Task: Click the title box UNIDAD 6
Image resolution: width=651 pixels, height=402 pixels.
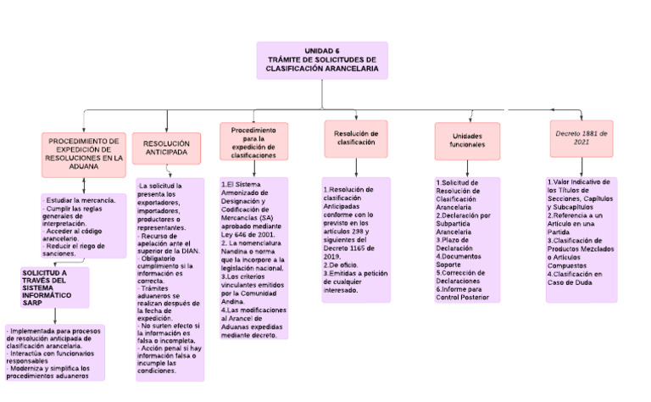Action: click(322, 60)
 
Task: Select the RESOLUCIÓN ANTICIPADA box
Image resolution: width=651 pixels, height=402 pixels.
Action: click(166, 149)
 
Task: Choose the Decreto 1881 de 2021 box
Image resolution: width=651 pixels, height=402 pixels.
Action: click(581, 138)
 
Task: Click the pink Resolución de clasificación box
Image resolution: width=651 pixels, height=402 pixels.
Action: click(356, 138)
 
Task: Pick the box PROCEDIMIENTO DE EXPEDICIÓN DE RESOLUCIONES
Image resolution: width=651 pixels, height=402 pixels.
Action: click(83, 154)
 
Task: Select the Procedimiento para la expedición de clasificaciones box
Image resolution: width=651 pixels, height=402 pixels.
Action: click(253, 142)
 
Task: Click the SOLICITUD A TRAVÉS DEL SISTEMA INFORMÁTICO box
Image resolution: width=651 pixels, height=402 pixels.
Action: click(54, 287)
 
